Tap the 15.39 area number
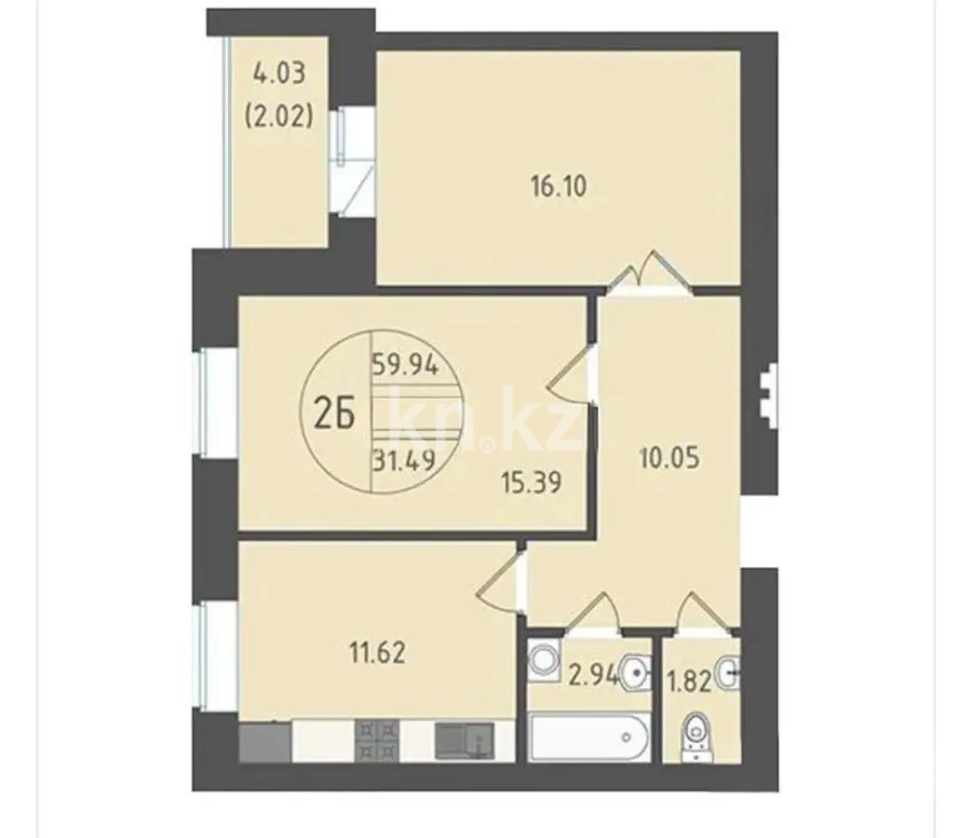533,484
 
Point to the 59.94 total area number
412,364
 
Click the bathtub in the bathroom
586,739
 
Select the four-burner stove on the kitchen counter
377,740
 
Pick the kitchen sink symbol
464,740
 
